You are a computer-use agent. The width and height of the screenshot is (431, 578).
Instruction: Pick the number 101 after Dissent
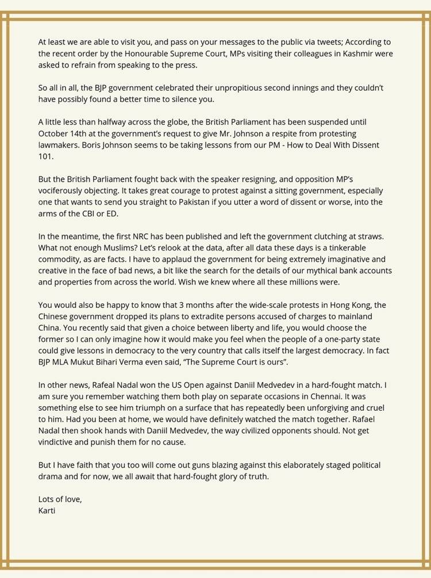(45, 156)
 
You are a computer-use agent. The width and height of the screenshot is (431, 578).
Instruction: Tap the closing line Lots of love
(60, 499)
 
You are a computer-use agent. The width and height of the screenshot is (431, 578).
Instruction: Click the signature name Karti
(48, 510)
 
